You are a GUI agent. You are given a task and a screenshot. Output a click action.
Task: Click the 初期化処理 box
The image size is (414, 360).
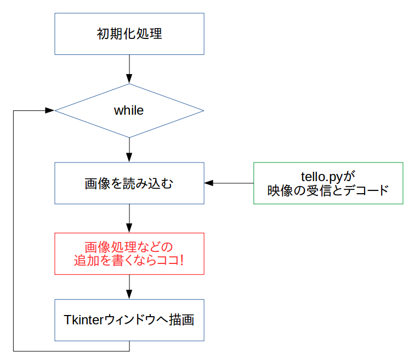[x=129, y=33]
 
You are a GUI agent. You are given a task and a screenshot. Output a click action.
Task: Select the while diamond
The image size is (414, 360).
[x=129, y=110]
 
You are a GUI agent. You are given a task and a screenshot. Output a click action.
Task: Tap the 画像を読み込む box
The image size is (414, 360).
[x=129, y=183]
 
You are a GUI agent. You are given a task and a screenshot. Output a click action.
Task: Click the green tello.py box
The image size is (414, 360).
[x=328, y=183]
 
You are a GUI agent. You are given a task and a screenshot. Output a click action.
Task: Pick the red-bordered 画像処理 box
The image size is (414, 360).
[x=129, y=254]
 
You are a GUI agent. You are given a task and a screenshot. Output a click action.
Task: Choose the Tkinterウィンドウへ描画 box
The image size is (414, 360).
[x=129, y=320]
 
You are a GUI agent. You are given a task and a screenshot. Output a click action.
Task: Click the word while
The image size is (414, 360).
[x=129, y=110]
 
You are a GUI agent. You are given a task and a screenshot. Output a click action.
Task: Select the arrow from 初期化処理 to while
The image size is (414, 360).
[x=129, y=69]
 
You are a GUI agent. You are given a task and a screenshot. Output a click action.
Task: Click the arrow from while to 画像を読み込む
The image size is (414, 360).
[x=129, y=149]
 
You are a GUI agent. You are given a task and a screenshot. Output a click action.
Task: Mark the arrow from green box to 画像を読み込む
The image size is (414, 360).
[x=229, y=183]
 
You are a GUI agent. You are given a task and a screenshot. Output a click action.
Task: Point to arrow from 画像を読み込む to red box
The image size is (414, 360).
[x=129, y=218]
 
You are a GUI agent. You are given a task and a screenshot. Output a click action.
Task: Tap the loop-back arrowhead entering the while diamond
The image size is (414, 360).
[x=50, y=110]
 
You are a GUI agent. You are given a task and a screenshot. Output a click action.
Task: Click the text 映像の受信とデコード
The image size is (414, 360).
[x=328, y=190]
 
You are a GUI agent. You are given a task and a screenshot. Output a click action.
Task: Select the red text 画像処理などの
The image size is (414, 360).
[x=129, y=246]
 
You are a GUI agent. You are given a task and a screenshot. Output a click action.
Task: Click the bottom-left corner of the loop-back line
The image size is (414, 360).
[x=13, y=350]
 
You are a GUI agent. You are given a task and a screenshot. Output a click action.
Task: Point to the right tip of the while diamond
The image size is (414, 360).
[x=203, y=110]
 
